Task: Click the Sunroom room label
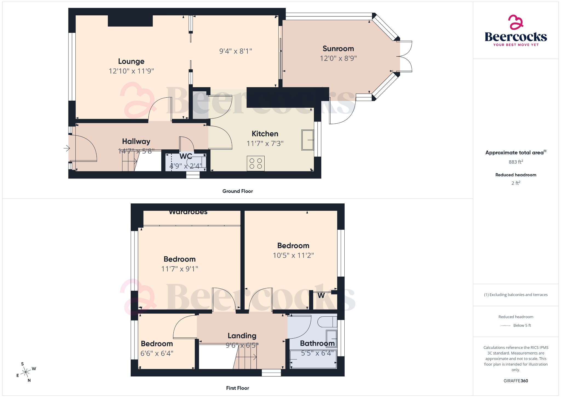point(338,49)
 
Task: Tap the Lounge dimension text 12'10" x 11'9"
point(131,71)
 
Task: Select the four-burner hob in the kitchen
point(256,163)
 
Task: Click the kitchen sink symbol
point(308,140)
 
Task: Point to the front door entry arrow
point(67,148)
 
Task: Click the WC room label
point(186,156)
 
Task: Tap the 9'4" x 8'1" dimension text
point(236,51)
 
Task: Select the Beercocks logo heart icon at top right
point(516,22)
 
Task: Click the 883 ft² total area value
point(516,162)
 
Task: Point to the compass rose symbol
point(26,372)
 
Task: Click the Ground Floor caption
point(237,191)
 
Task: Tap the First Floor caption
point(237,388)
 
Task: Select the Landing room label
point(242,336)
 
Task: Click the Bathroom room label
point(317,343)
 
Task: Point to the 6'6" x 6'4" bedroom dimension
point(157,353)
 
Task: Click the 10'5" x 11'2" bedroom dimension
point(293,255)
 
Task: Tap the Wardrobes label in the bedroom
point(188,212)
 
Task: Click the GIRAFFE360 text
point(516,381)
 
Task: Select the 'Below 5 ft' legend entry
point(522,325)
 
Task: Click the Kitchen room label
point(265,134)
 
